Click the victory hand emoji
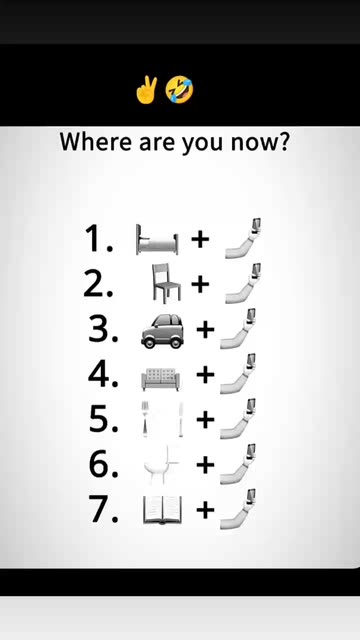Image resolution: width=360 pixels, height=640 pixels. point(146,89)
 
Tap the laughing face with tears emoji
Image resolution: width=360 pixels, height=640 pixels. point(179,90)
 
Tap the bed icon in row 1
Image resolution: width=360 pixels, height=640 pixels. point(157,240)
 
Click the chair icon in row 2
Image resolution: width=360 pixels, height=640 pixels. point(166,283)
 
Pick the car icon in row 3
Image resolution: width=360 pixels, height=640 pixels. point(162,331)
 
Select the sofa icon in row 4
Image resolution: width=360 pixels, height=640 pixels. point(160,379)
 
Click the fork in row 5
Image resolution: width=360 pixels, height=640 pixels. point(145,419)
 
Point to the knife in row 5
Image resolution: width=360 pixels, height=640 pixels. point(180,419)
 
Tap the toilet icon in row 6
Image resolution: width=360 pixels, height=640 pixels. point(162,465)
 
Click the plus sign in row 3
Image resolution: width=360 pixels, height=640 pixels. point(205,330)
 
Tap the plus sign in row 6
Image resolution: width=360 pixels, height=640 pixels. point(205,464)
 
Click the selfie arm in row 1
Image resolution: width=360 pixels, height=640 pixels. point(244,239)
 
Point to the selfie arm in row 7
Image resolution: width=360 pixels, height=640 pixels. point(239,509)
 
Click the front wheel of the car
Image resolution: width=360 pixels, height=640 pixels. point(148,343)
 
